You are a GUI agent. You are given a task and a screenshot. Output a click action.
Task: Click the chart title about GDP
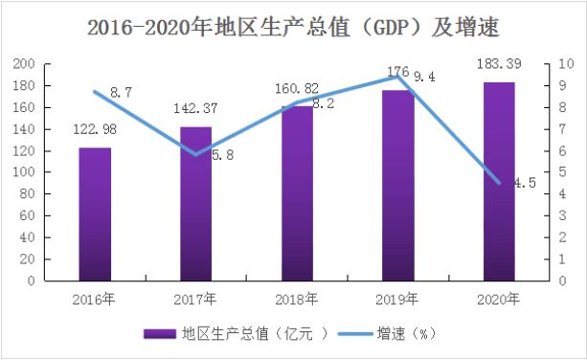tap(293, 27)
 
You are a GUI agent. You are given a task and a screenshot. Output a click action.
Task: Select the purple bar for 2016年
tap(95, 214)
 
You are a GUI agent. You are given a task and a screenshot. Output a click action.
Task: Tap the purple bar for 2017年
tap(195, 204)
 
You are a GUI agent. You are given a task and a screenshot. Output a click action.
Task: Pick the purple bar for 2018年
tap(297, 193)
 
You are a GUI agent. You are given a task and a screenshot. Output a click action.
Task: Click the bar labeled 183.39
tap(499, 182)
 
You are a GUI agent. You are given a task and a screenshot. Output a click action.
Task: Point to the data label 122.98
tap(95, 129)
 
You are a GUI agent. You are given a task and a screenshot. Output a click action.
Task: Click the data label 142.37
tap(195, 108)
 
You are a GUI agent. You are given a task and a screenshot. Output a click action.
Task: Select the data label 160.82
tap(297, 89)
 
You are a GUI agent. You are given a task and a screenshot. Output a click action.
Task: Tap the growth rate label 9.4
tap(424, 78)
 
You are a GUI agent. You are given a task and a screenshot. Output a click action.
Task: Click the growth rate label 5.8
tap(223, 155)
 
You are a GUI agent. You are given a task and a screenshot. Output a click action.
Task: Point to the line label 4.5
tap(525, 183)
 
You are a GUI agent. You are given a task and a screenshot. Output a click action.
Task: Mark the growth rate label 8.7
tap(122, 93)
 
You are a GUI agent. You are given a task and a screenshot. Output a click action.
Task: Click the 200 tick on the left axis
tap(24, 64)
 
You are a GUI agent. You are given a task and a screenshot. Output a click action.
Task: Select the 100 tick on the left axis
tap(24, 172)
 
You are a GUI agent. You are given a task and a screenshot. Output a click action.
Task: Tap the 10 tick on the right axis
tap(566, 64)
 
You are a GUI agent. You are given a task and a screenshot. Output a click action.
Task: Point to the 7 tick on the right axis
tap(562, 129)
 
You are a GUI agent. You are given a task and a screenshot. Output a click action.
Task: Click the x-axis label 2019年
tap(397, 300)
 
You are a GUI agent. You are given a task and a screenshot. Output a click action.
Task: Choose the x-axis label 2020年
tap(498, 300)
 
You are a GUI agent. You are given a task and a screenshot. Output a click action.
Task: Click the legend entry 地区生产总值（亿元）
tap(236, 333)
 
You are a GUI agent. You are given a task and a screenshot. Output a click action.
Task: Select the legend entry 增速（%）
tap(387, 333)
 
